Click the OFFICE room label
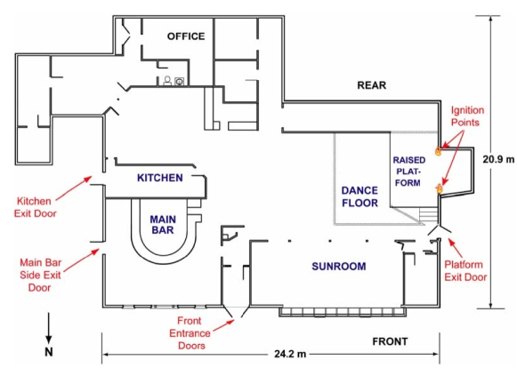click(x=186, y=36)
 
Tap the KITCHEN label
click(x=160, y=178)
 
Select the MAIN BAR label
click(x=163, y=225)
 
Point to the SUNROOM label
click(x=339, y=266)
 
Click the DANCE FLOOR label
click(x=359, y=196)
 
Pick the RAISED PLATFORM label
click(x=408, y=172)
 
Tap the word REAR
click(x=372, y=85)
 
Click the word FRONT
click(x=390, y=341)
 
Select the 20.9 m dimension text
click(x=498, y=159)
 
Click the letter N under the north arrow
click(x=49, y=352)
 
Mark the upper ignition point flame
click(x=438, y=151)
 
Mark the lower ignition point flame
click(x=440, y=188)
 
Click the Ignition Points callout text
click(x=467, y=116)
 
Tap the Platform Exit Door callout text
click(x=465, y=271)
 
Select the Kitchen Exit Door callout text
click(x=35, y=207)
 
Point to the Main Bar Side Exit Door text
click(x=40, y=275)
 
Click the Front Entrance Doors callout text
click(x=190, y=333)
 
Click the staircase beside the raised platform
click(x=428, y=214)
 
